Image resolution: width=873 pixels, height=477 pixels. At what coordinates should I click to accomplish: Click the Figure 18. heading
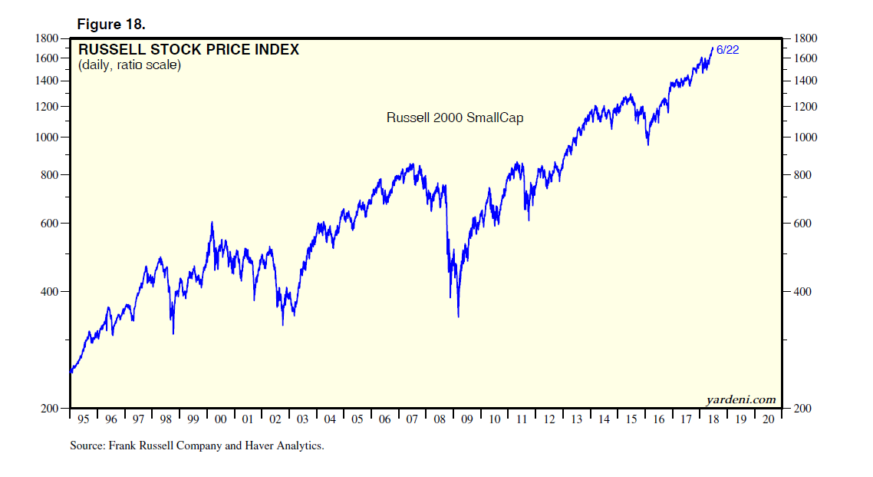click(x=110, y=24)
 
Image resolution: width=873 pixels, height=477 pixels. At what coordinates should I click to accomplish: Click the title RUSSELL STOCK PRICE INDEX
click(x=189, y=50)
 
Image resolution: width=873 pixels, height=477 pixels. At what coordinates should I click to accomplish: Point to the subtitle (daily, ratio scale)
click(x=129, y=65)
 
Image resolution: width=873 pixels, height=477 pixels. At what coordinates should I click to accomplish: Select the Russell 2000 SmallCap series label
click(x=454, y=118)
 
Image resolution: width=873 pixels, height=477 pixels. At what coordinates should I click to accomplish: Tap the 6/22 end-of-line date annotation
click(x=727, y=50)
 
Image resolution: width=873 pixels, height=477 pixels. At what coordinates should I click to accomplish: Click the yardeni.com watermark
click(x=740, y=399)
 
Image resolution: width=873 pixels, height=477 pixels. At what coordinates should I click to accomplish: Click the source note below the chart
click(x=196, y=446)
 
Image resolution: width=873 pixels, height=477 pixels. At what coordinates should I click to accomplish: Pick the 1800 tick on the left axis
click(x=48, y=38)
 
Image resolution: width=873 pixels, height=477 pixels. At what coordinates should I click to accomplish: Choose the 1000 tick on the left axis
click(x=48, y=137)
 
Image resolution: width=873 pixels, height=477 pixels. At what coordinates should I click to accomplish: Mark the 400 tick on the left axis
click(x=51, y=292)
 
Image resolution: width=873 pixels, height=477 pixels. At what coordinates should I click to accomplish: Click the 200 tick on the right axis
click(x=802, y=409)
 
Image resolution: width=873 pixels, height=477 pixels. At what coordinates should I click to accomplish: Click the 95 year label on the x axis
click(x=84, y=419)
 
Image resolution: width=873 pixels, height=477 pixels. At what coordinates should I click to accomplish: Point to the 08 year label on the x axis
click(x=440, y=419)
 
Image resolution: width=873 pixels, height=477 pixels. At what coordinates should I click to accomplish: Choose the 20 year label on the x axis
click(x=768, y=419)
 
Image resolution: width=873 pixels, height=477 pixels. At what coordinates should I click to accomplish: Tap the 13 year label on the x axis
click(x=576, y=419)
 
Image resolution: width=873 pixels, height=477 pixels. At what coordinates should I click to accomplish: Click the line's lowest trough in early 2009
click(x=458, y=316)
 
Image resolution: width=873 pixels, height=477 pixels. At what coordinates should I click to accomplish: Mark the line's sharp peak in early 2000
click(x=212, y=222)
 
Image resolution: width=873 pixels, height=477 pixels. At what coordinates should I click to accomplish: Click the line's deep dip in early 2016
click(x=648, y=144)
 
